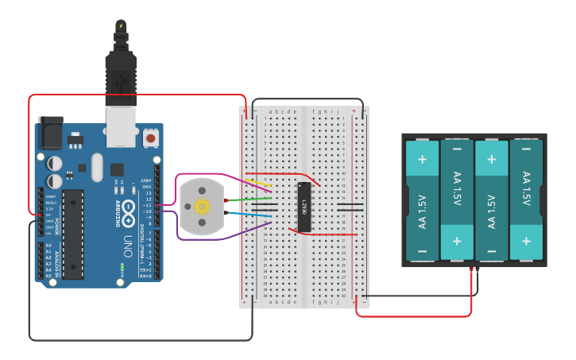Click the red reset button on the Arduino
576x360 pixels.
click(151, 139)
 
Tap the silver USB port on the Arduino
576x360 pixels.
click(122, 126)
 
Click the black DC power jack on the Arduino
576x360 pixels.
click(51, 132)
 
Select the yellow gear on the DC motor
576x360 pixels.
click(202, 207)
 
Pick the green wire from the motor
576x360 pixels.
click(254, 199)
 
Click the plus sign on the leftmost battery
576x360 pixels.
click(423, 158)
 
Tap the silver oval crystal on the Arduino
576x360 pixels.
click(97, 167)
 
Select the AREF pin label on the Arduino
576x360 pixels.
click(146, 181)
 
